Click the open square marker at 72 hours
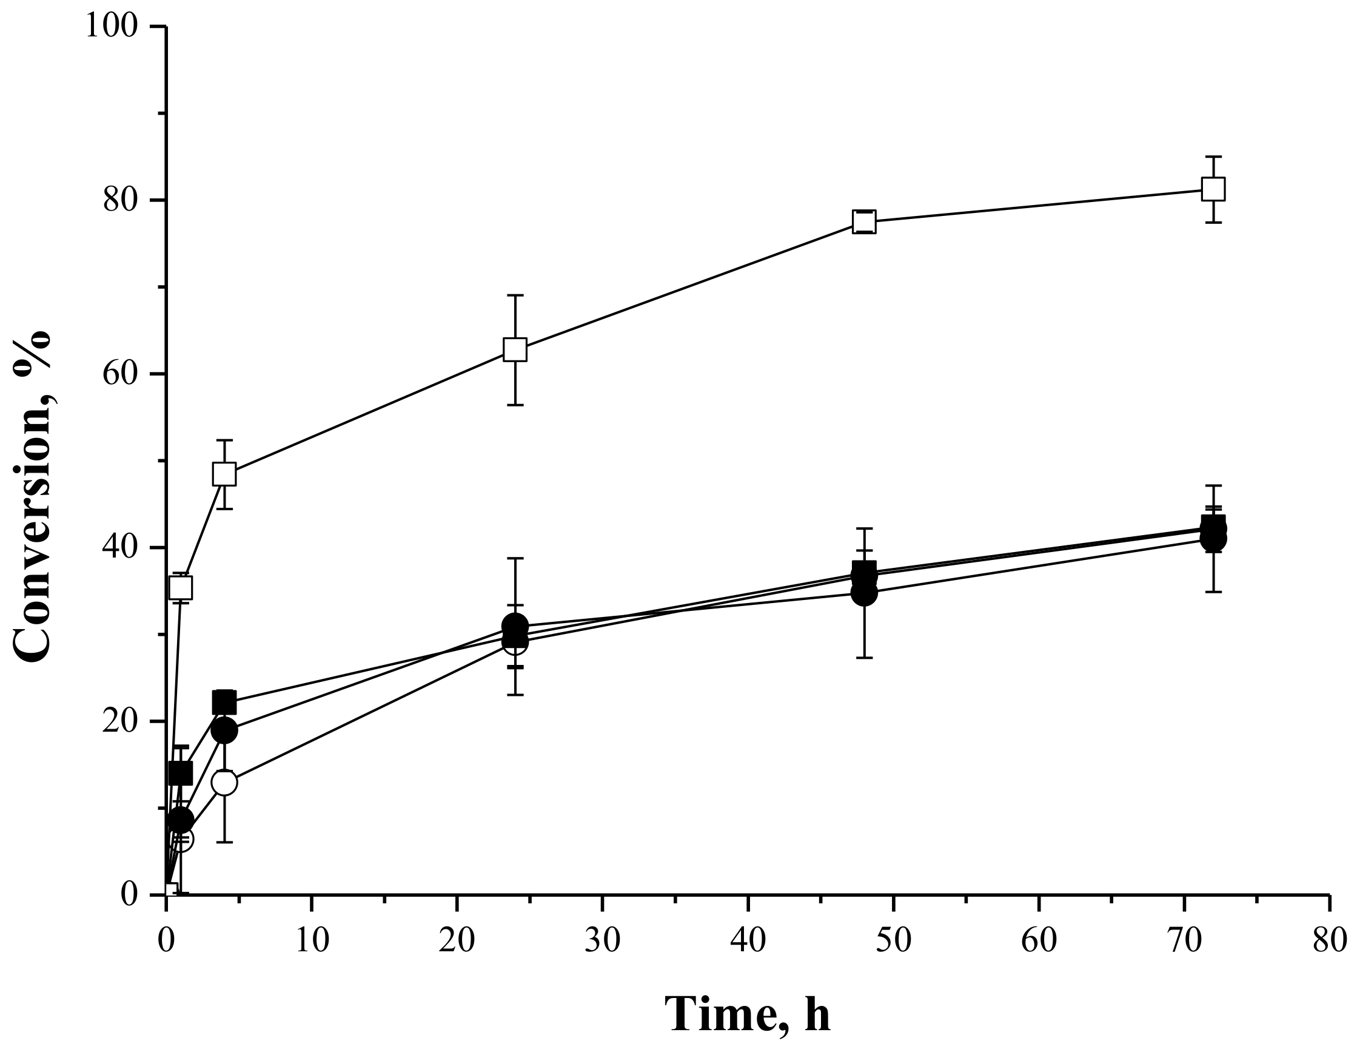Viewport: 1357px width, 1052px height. click(1213, 189)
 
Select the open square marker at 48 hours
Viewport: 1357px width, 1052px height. click(864, 221)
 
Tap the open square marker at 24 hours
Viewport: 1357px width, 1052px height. click(515, 349)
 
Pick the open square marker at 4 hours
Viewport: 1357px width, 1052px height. click(224, 474)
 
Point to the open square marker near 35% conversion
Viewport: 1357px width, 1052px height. click(181, 586)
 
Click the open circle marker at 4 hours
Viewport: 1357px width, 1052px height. click(224, 782)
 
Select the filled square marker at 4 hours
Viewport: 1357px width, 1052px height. click(224, 703)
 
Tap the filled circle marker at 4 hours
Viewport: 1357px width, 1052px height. click(224, 730)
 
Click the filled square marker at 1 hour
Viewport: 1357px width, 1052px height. click(181, 774)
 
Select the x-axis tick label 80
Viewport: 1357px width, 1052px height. click(1330, 940)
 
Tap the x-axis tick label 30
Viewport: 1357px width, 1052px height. click(603, 940)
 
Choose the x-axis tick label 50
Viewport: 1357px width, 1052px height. click(894, 940)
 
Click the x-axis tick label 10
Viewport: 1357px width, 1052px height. click(312, 940)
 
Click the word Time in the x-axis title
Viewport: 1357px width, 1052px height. click(721, 1013)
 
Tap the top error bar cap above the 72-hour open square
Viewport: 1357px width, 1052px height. click(1213, 157)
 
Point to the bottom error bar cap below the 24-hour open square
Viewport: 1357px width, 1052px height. click(515, 405)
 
